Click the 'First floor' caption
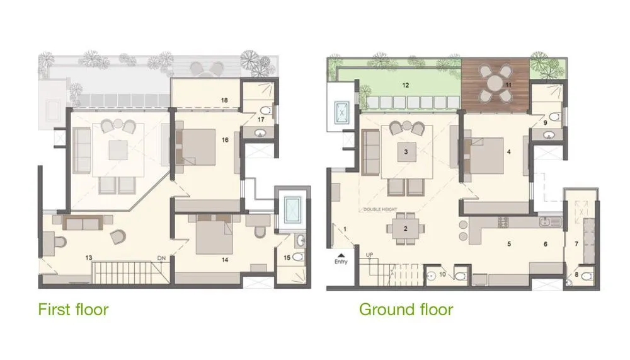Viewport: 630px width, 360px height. [73, 310]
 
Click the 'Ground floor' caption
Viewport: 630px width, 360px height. [406, 310]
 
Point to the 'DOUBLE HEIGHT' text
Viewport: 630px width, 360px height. [381, 210]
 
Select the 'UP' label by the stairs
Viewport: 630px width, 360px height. [370, 255]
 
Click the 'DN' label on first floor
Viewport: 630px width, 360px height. [162, 257]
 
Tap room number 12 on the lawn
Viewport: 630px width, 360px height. [406, 84]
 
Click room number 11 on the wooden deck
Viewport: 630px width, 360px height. [508, 84]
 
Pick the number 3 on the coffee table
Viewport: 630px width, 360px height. [407, 152]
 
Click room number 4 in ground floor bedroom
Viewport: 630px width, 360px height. [508, 151]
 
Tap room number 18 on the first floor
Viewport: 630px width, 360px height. [224, 100]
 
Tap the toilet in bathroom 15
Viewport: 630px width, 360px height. [299, 257]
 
